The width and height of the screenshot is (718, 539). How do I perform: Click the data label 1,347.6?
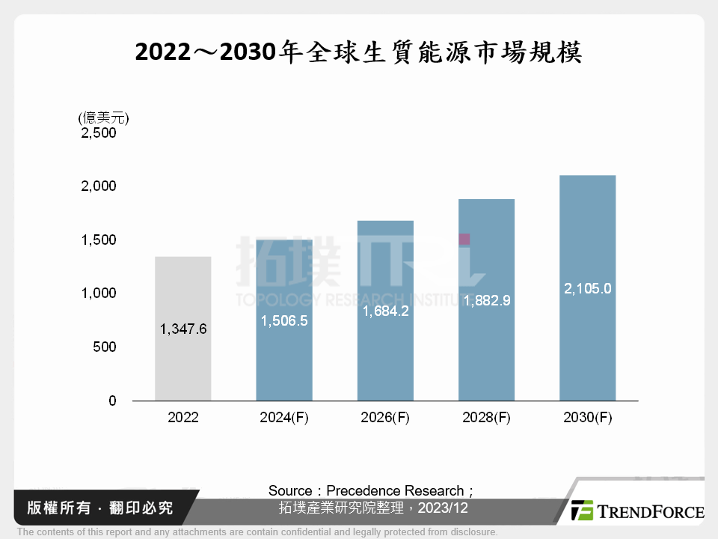point(182,329)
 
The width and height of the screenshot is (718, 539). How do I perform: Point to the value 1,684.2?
point(385,311)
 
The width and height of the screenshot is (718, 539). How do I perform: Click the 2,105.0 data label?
point(587,287)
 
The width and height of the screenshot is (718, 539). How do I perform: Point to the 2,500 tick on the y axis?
point(99,133)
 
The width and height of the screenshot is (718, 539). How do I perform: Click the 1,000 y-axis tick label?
point(99,293)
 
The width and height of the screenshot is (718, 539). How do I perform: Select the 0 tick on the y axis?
point(113,401)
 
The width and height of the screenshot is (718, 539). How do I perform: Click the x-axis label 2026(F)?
point(385,418)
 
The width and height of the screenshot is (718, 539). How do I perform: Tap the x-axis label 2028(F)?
point(486,418)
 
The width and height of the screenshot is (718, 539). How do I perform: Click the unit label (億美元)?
point(103,118)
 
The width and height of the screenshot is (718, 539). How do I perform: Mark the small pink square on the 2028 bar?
point(464,239)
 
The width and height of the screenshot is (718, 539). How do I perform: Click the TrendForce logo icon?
point(582,511)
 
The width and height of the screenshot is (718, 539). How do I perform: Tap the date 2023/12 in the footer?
point(444,508)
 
